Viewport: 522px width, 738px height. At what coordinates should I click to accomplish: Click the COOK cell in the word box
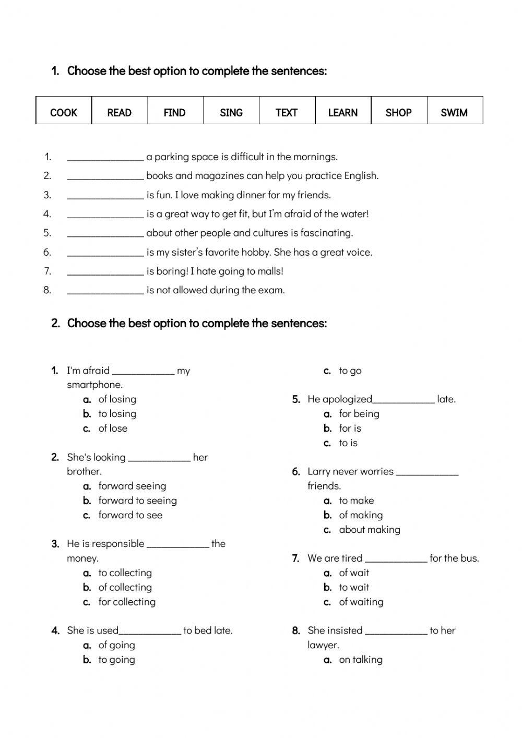[x=64, y=112]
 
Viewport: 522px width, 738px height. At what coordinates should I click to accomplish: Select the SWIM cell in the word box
[x=454, y=112]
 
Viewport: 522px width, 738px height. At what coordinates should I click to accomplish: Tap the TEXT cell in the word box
[x=287, y=112]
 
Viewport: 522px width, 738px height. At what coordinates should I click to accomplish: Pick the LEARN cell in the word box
[x=342, y=112]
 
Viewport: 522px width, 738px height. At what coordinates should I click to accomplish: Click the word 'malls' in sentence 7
[x=269, y=271]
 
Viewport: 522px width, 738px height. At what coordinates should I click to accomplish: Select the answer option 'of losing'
[x=117, y=399]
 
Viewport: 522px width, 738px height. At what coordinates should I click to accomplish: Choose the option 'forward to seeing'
[x=137, y=501]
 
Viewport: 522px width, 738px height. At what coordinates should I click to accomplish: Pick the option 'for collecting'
[x=127, y=602]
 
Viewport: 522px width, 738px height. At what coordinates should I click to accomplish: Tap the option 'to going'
[x=116, y=660]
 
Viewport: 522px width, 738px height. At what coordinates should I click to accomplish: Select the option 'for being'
[x=359, y=414]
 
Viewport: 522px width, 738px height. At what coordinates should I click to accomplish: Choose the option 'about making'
[x=370, y=530]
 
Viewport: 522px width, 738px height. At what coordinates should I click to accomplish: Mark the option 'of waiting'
[x=361, y=602]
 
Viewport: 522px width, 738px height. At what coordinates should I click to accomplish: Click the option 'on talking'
[x=361, y=660]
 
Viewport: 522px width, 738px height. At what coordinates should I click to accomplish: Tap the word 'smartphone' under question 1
[x=94, y=385]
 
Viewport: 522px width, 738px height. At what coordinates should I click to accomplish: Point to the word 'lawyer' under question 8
[x=323, y=645]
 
